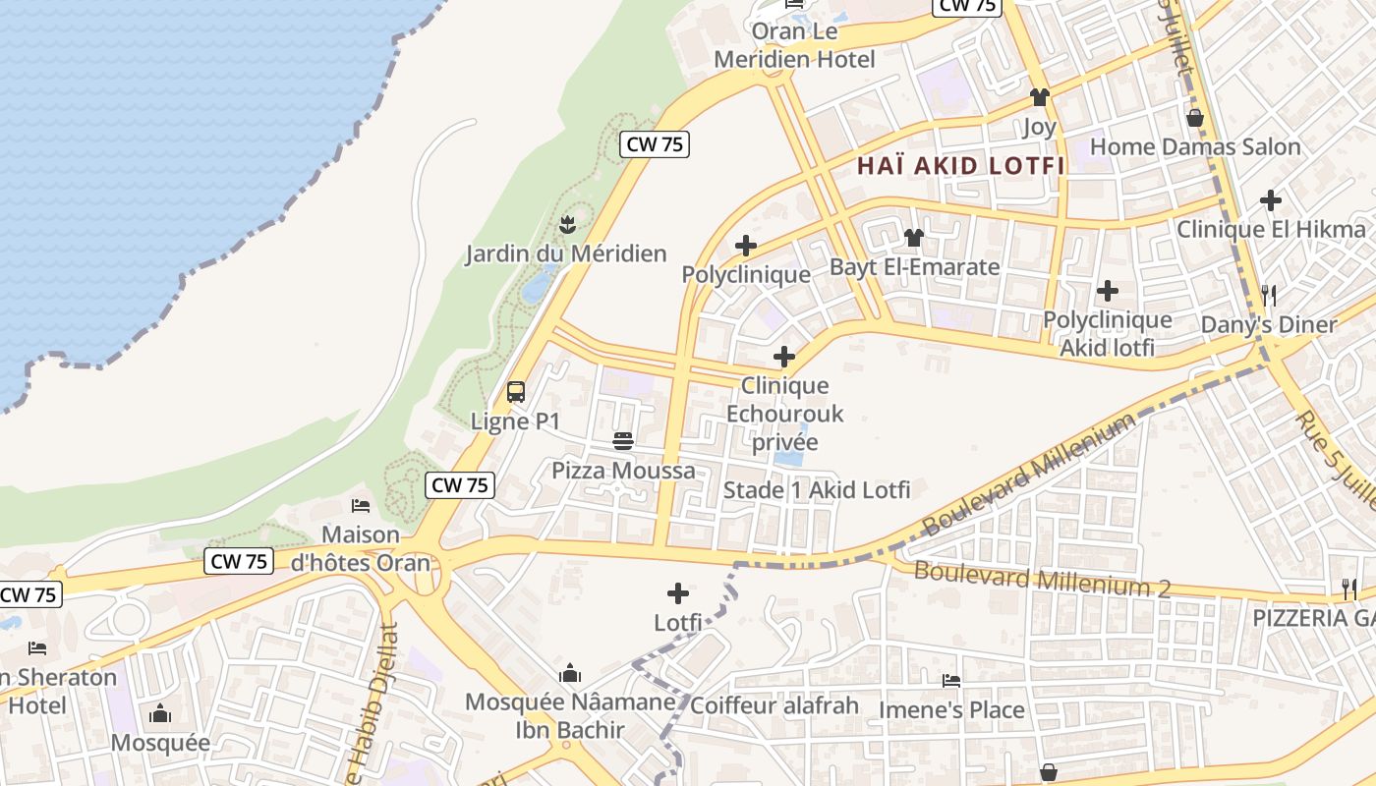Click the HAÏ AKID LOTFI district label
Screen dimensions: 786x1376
coord(960,166)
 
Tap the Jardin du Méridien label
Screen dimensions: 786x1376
coord(565,253)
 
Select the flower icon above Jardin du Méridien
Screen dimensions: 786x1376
coord(566,225)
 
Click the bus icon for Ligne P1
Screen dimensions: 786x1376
coord(516,392)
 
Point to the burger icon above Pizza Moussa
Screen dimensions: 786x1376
coord(622,441)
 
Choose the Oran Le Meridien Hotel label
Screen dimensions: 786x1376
coord(794,45)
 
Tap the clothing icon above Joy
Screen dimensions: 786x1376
coord(1039,97)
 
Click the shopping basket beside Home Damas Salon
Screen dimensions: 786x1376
coord(1195,119)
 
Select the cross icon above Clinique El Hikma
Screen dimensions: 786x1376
coord(1271,200)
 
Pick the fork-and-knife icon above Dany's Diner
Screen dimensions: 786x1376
coord(1269,295)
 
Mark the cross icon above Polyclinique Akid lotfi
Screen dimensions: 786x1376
coord(1108,291)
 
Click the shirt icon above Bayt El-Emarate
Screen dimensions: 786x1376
coord(914,238)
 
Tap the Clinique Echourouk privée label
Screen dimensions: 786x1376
coord(784,414)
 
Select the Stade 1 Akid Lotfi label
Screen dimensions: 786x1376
coord(817,489)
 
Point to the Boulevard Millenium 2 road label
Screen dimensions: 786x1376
coord(1042,579)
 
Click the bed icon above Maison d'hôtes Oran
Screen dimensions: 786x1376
coord(361,506)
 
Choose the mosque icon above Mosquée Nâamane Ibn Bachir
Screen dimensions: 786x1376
coord(569,674)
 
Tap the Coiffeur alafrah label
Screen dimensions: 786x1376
coord(774,705)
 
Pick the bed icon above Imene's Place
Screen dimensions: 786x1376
coord(950,680)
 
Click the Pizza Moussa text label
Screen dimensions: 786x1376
coord(623,471)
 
